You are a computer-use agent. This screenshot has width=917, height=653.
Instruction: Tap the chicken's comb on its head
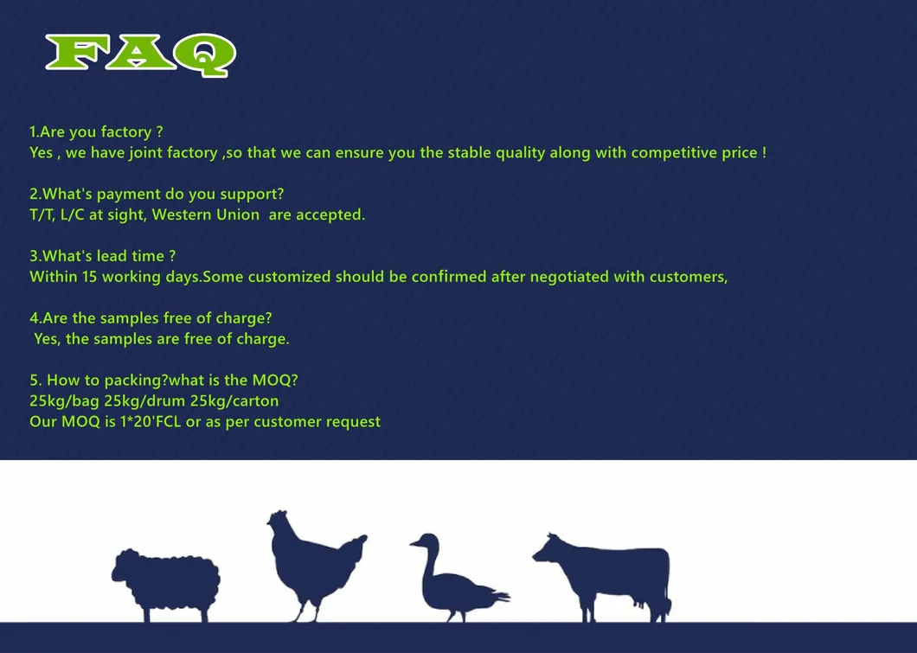click(x=277, y=514)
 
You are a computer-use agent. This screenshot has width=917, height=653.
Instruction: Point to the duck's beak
click(x=414, y=544)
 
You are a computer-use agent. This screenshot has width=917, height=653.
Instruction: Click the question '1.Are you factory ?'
click(x=96, y=132)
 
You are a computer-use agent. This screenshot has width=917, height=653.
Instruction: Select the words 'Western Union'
click(x=205, y=215)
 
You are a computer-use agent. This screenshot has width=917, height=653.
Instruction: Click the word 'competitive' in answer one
click(x=673, y=153)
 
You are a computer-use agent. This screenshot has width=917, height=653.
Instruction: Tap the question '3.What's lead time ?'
click(x=102, y=257)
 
